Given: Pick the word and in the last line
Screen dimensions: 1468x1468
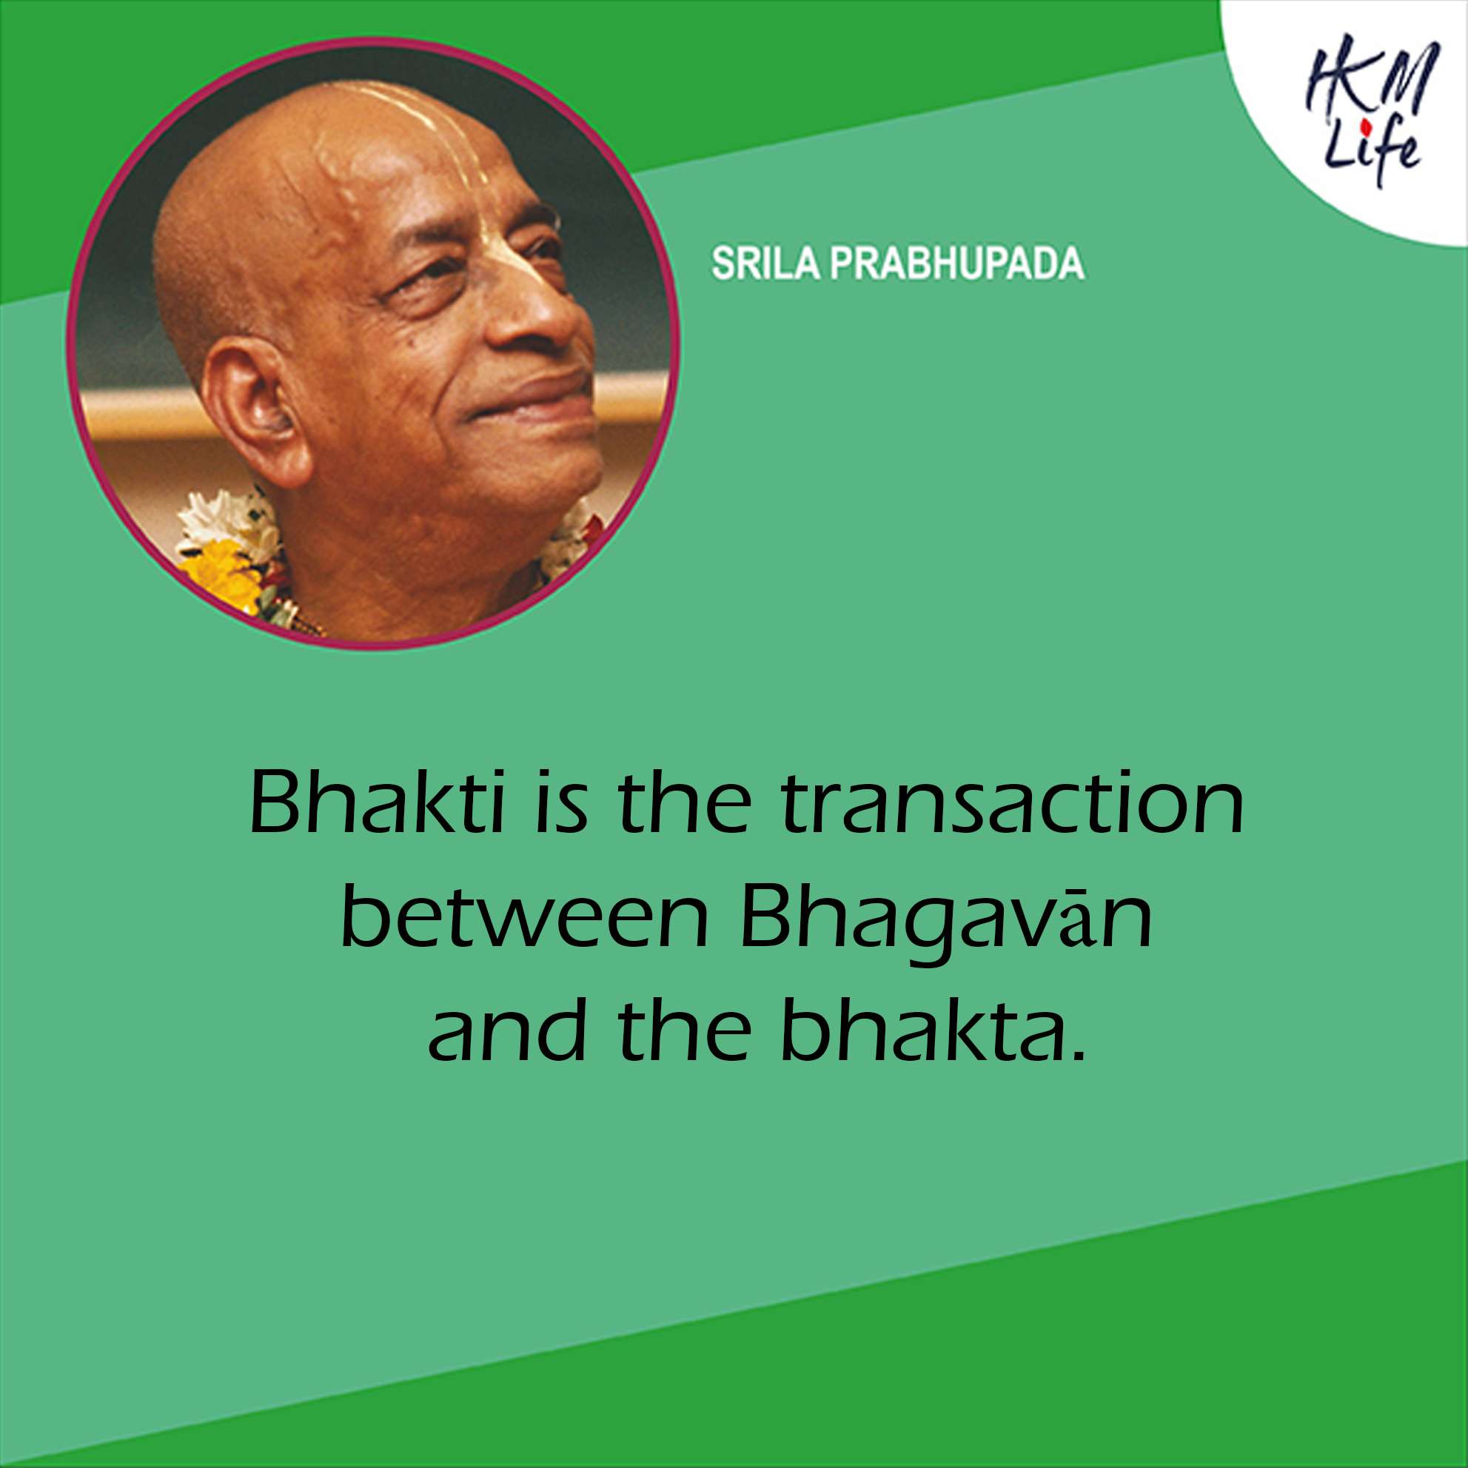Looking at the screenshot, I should click(507, 1035).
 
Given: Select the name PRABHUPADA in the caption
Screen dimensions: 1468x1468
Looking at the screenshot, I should click(956, 264).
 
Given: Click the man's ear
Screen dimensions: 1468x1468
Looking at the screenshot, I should click(255, 410).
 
